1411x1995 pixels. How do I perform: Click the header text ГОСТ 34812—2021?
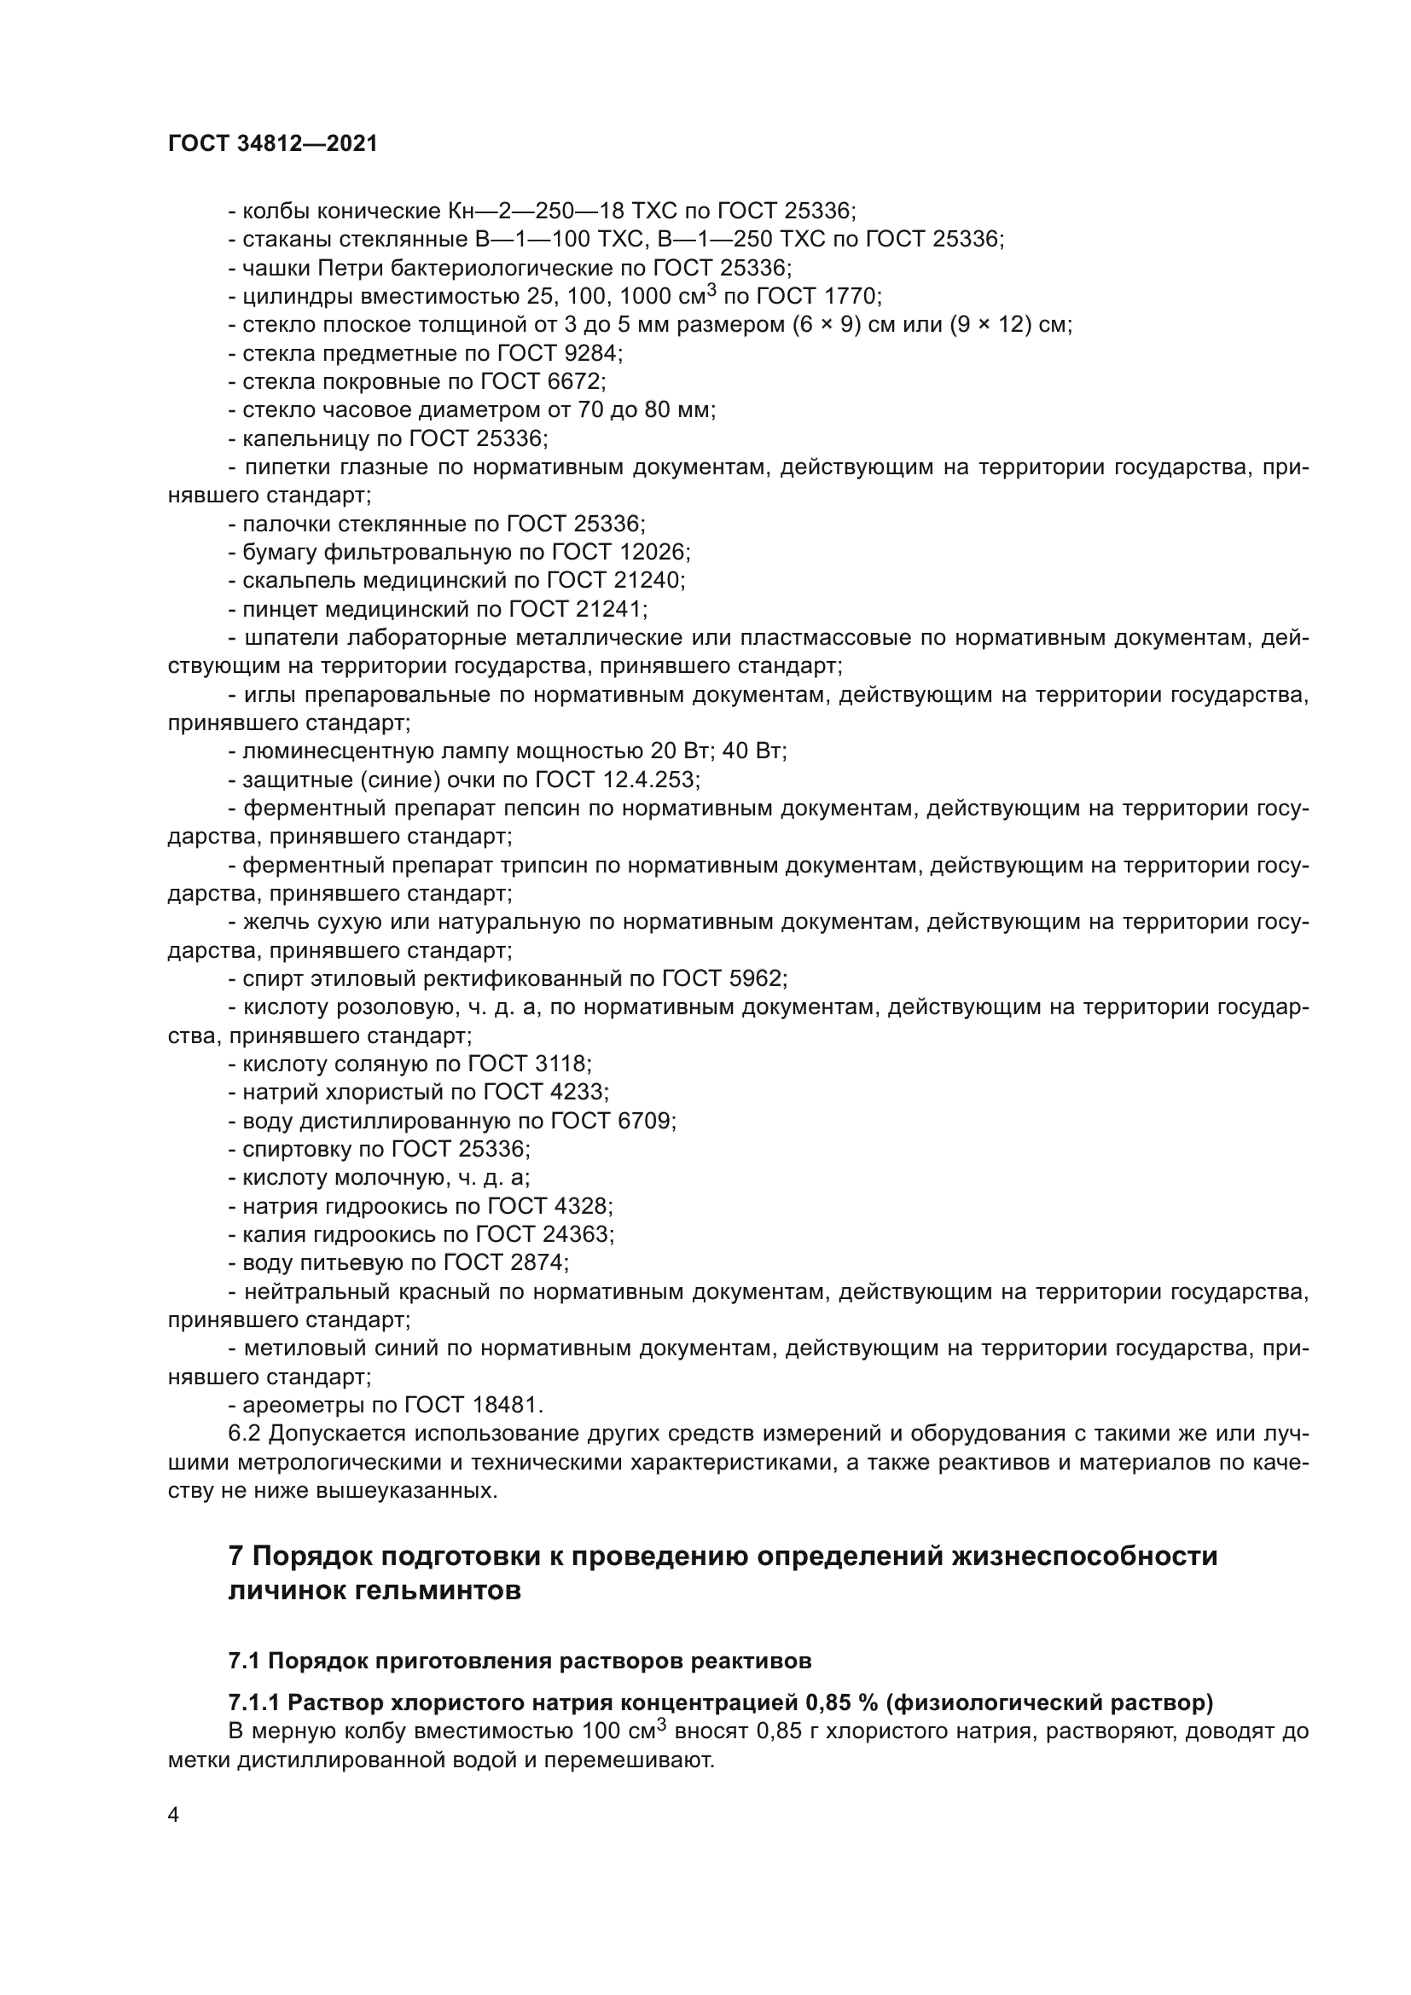coord(273,144)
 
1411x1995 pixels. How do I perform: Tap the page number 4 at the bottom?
coord(174,1815)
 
